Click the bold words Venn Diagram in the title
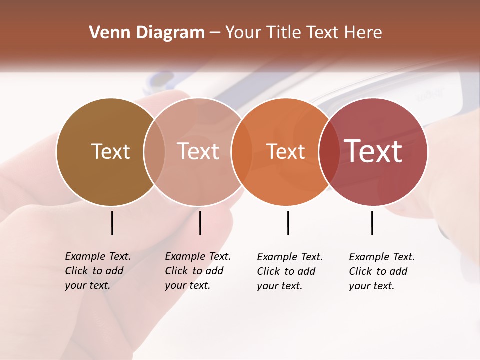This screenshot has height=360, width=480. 147,33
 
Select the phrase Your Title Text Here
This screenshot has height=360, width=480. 303,33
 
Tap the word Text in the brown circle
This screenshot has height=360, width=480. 110,151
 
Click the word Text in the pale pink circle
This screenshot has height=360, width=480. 198,151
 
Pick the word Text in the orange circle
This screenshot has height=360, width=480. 286,151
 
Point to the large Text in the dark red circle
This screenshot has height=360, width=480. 373,151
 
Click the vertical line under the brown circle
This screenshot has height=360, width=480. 112,223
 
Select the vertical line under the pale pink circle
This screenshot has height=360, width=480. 200,223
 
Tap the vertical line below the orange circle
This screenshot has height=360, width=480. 288,223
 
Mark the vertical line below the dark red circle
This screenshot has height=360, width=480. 372,223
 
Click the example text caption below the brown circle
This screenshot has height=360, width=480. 97,271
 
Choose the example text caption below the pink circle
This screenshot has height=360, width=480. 197,271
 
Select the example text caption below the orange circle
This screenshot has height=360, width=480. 289,271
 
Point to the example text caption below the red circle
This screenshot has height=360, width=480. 381,271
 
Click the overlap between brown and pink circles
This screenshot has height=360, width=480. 154,151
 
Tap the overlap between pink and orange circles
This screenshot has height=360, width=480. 242,151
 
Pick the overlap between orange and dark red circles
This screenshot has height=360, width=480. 329,151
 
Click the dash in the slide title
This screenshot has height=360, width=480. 215,33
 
